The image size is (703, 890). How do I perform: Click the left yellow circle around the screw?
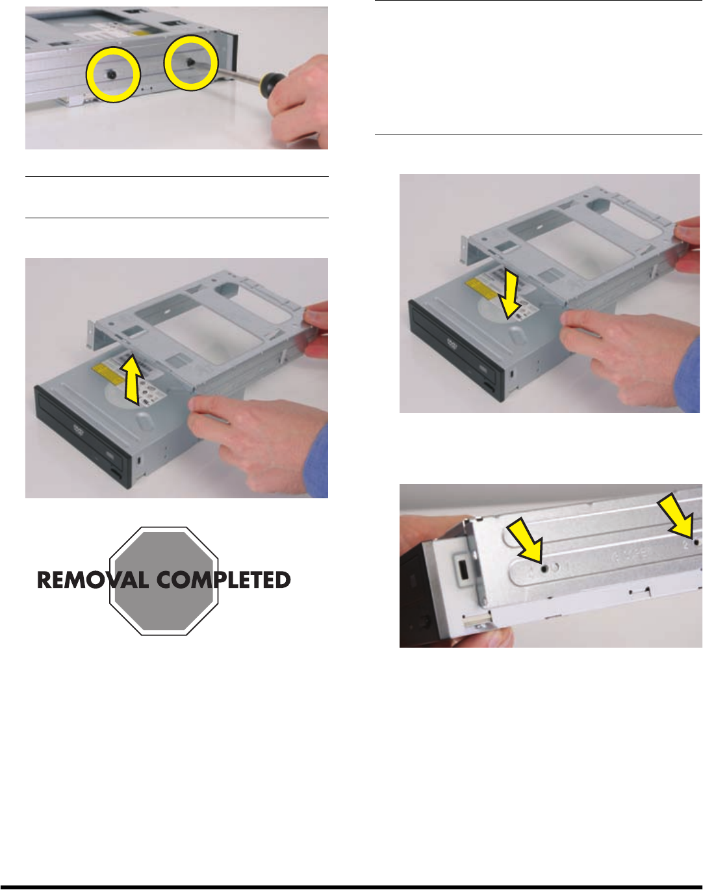pyautogui.click(x=88, y=75)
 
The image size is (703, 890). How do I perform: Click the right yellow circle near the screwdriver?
pyautogui.click(x=166, y=63)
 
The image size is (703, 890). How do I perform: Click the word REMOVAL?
pyautogui.click(x=93, y=580)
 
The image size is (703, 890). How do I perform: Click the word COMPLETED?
pyautogui.click(x=224, y=580)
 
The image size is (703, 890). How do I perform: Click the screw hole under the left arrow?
pyautogui.click(x=545, y=569)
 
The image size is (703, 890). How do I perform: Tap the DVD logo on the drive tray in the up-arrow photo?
pyautogui.click(x=78, y=429)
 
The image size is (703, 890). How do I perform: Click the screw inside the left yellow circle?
pyautogui.click(x=111, y=75)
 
